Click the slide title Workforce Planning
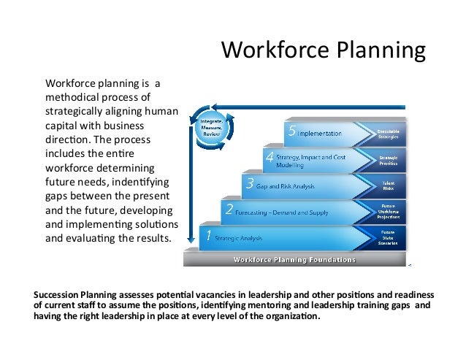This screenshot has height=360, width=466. [323, 50]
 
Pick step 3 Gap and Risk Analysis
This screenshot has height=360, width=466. [286, 187]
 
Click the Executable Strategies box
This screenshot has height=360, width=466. [387, 133]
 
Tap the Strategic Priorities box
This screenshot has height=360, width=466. [387, 160]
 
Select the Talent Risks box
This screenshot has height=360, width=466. [388, 186]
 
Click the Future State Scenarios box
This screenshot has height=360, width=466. [388, 237]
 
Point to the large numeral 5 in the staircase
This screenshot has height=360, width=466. [292, 133]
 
